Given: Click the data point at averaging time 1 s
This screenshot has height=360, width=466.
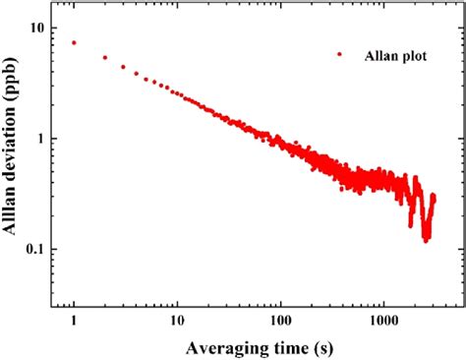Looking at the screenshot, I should [x=74, y=42].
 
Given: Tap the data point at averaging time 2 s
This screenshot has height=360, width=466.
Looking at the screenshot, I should [x=105, y=57].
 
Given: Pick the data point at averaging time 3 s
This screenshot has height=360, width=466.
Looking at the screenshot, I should [x=123, y=67].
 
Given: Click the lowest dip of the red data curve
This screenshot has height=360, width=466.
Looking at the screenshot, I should [x=426, y=238].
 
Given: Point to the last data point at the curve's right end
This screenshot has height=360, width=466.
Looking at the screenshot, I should [x=434, y=197].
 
